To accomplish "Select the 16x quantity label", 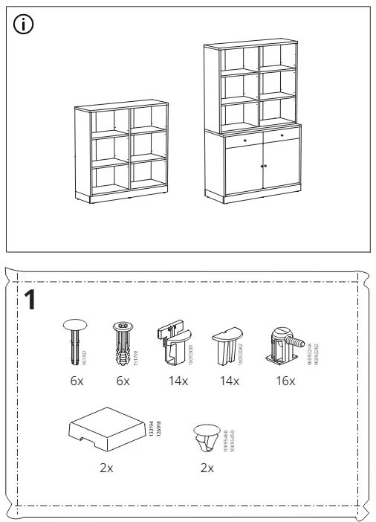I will (285, 381).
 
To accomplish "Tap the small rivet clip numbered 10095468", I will (206, 438).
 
